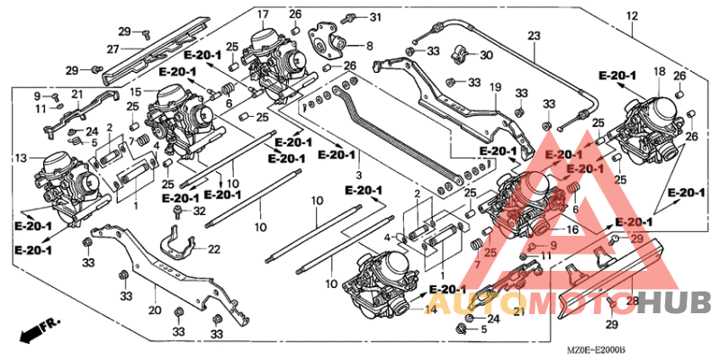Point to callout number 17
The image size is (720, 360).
coord(262,14)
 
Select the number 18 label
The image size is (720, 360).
coord(659,71)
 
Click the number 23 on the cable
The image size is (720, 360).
coord(534,37)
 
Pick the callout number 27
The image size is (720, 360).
coord(113,49)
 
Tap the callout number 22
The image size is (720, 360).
coord(213,248)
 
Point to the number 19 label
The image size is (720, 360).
coord(494,86)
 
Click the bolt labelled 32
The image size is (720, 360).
coord(180,212)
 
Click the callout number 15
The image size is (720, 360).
coord(138,92)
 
